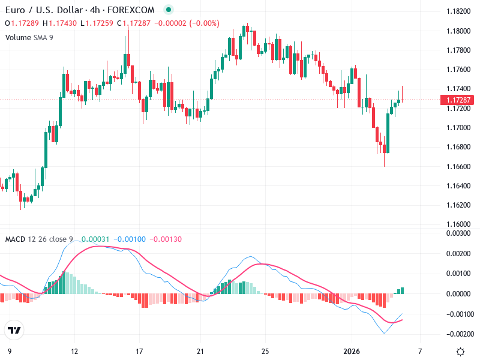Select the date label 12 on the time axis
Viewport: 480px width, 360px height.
tap(74, 350)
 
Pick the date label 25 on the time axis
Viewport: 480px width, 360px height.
tap(265, 350)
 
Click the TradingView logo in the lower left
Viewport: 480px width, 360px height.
tap(14, 331)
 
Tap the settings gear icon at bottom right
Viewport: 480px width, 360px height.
tap(460, 351)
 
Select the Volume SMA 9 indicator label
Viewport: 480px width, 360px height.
tap(29, 37)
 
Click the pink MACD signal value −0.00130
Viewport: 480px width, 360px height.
tap(166, 239)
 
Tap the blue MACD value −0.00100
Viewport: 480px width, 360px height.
tap(129, 239)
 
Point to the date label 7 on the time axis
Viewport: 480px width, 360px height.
tap(420, 350)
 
